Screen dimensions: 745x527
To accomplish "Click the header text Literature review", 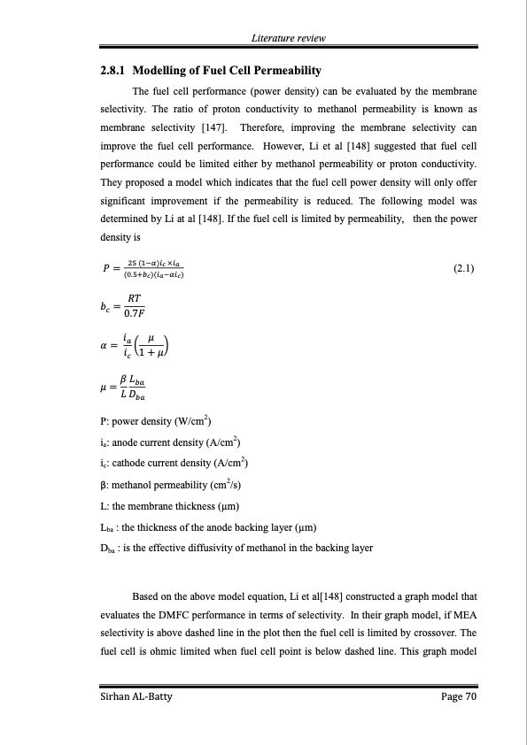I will pyautogui.click(x=289, y=38).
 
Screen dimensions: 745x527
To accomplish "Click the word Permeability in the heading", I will pyautogui.click(x=283, y=70).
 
